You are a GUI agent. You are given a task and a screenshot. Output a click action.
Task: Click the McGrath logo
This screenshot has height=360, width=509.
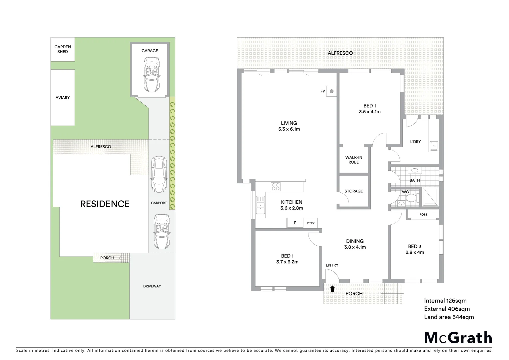click(x=458, y=338)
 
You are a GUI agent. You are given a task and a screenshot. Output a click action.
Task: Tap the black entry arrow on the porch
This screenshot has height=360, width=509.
click(x=332, y=289)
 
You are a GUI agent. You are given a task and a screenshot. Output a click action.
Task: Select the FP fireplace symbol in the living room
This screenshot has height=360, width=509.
click(x=331, y=91)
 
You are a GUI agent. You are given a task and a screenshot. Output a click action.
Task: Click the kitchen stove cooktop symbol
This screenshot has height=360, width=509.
click(x=275, y=187)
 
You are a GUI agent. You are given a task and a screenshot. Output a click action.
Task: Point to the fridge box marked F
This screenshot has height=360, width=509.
click(x=295, y=223)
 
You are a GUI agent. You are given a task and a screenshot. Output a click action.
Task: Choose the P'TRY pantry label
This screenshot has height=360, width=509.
click(x=311, y=223)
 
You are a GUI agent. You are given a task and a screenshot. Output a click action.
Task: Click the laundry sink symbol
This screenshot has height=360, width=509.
click(x=434, y=146)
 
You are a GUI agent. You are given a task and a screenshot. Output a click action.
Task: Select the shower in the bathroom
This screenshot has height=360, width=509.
click(x=431, y=197)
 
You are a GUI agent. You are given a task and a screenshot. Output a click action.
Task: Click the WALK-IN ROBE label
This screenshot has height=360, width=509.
click(x=353, y=160)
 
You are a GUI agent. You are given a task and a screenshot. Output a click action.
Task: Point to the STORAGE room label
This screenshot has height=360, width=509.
click(x=353, y=191)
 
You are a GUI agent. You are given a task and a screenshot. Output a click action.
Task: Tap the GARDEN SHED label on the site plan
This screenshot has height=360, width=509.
click(x=63, y=49)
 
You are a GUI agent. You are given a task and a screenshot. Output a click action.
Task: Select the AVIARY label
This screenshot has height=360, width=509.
click(x=63, y=98)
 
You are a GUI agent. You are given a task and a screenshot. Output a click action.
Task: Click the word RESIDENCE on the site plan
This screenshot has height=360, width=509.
click(x=105, y=204)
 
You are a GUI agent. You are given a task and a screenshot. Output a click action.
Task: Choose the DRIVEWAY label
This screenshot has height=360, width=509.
click(x=152, y=286)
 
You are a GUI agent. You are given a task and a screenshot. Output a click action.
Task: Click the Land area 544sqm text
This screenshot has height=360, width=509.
click(x=449, y=317)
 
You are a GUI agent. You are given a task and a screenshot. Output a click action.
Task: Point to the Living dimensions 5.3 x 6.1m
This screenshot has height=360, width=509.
click(x=289, y=129)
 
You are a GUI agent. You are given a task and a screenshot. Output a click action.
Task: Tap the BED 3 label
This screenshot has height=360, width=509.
click(x=415, y=246)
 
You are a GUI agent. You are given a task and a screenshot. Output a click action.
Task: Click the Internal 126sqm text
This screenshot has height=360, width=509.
click(x=445, y=301)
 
